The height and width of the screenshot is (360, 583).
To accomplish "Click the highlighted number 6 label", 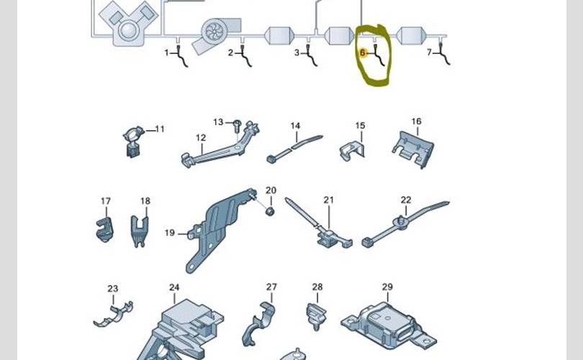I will click(363, 53).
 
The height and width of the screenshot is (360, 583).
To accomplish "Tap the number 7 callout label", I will click(429, 52).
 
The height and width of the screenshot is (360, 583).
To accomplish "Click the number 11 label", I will click(160, 129).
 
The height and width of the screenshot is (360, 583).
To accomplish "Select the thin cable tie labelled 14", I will click(295, 146).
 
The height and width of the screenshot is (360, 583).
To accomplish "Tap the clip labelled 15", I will click(353, 149).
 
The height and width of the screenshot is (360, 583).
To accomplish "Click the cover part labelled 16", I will click(413, 146).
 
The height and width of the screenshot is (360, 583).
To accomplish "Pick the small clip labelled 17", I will click(104, 228).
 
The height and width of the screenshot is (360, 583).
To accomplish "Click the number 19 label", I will click(170, 233).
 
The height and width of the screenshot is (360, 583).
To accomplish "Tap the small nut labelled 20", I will click(270, 211).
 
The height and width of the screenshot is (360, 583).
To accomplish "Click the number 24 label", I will click(174, 288).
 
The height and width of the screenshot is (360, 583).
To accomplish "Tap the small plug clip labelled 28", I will click(317, 315).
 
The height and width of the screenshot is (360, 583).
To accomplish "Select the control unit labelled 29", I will click(387, 325).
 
